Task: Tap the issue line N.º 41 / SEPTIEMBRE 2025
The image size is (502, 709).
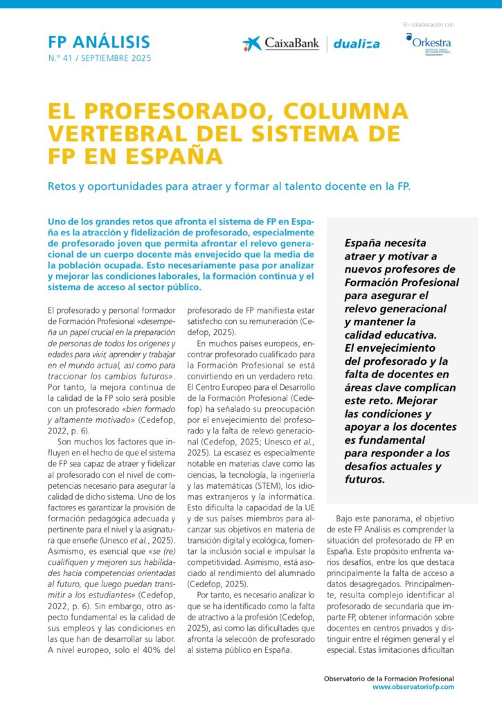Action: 100,58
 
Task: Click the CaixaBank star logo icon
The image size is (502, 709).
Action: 252,44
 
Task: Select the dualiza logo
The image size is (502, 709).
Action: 357,44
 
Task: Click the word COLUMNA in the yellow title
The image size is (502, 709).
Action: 341,111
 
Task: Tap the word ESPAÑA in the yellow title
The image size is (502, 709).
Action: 180,155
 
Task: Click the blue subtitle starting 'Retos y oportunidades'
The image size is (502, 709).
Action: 228,186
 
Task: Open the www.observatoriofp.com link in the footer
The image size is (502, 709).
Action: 413,686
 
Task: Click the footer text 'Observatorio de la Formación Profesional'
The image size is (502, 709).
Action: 389,678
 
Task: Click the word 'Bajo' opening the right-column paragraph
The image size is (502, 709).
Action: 347,518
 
